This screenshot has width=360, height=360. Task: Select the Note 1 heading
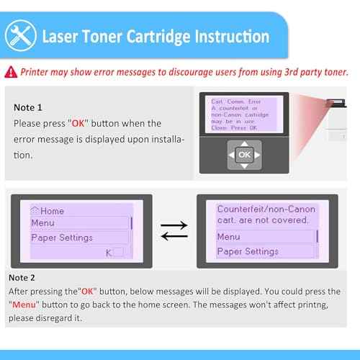tap(29, 107)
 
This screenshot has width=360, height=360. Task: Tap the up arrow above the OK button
tap(244, 142)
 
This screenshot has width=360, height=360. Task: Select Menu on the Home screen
tap(43, 223)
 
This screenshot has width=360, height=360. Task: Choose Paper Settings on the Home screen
tap(62, 238)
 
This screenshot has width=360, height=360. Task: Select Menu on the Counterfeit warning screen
tap(229, 237)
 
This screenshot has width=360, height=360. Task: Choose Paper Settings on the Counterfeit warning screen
tap(248, 251)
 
